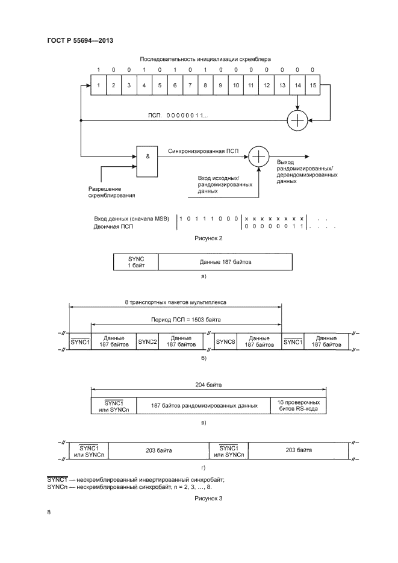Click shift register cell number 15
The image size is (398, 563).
click(312, 86)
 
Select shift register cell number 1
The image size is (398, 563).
click(97, 86)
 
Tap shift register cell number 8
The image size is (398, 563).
click(205, 86)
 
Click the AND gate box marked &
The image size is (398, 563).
click(148, 161)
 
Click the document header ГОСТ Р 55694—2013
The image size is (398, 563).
click(80, 41)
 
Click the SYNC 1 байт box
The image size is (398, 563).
click(136, 262)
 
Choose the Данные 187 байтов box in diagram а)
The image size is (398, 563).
click(225, 262)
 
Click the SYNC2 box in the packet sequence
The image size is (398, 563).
click(148, 342)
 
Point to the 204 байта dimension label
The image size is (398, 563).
click(208, 384)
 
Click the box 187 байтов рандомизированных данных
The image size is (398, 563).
click(205, 405)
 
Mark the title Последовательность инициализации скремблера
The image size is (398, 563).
click(205, 59)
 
